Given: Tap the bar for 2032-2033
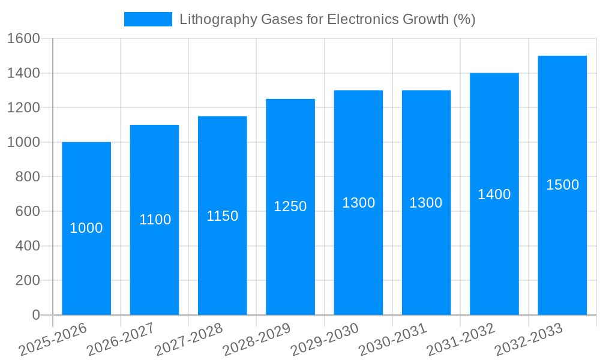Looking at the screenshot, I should [x=562, y=240].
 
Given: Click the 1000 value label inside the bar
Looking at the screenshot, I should [x=86, y=228].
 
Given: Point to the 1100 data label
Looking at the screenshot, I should [x=155, y=220].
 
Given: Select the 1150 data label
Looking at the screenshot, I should [x=222, y=216].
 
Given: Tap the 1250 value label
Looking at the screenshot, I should [x=290, y=206].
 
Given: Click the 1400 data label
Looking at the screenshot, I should [x=494, y=194].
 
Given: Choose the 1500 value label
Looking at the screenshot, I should [x=562, y=185].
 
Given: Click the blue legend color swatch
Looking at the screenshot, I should [x=148, y=19].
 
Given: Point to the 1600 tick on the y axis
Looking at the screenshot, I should [x=23, y=38].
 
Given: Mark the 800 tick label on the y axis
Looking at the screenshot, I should [x=28, y=177].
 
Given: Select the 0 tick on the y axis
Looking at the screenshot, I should [x=35, y=315].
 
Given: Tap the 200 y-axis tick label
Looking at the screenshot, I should [x=28, y=280].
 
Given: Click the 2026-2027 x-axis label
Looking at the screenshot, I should [x=121, y=340].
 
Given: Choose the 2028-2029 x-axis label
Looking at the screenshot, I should [x=257, y=340].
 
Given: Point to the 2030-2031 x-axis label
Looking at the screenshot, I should [x=393, y=340].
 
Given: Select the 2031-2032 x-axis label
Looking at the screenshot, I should [x=461, y=340].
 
